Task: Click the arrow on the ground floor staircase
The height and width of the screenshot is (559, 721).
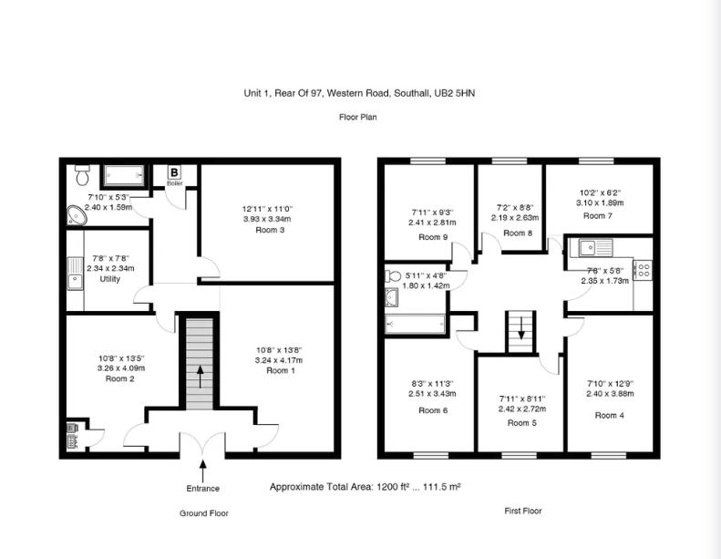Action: tap(199, 375)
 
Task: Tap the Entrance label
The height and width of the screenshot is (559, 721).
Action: tap(203, 488)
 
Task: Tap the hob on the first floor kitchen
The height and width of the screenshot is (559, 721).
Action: tap(642, 270)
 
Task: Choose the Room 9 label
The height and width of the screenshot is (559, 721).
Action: tap(433, 236)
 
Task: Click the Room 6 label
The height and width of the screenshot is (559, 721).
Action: tap(433, 410)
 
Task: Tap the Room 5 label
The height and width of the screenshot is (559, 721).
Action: tap(522, 423)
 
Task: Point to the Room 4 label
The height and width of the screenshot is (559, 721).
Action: tap(610, 415)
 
